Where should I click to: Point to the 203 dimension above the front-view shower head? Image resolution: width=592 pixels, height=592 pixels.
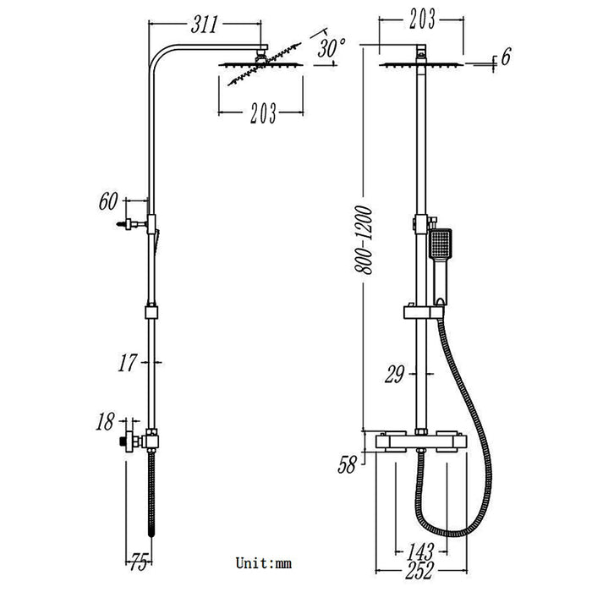[x=419, y=17]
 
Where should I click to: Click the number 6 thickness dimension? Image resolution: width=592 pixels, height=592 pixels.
[x=506, y=58]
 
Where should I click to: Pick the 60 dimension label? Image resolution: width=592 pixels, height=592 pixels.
[x=108, y=201]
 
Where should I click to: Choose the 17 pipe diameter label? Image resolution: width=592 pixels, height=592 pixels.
[x=128, y=364]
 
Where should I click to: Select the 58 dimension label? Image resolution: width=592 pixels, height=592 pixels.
[x=346, y=464]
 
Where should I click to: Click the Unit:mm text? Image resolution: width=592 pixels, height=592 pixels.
[x=263, y=562]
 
